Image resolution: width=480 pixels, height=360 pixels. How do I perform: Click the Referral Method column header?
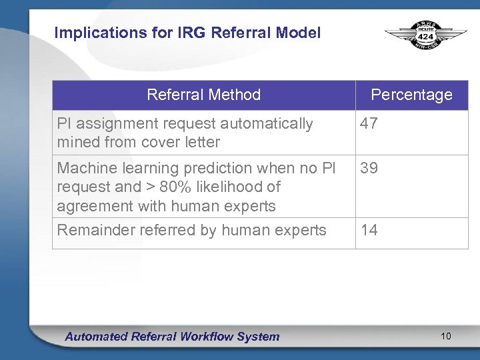[203, 95]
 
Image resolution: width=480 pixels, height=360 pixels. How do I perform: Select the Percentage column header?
[411, 95]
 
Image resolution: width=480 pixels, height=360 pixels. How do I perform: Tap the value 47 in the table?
[369, 123]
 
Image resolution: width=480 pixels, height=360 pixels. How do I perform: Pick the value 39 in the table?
[369, 168]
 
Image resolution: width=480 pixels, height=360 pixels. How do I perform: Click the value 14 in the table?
[369, 230]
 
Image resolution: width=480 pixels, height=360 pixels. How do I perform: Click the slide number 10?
[446, 336]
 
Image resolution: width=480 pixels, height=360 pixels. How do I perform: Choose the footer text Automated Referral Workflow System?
[172, 337]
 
